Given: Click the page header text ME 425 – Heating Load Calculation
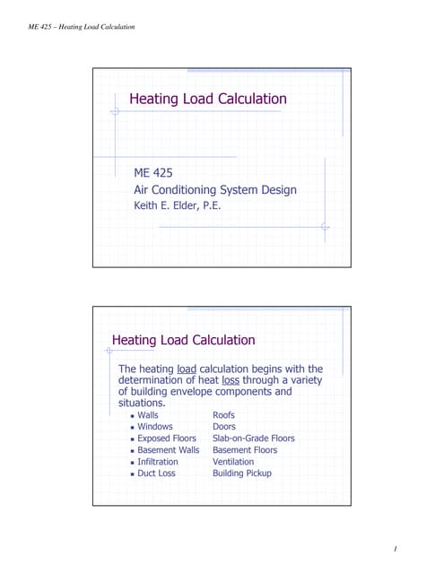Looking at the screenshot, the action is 79,27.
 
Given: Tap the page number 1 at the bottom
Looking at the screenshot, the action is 396,547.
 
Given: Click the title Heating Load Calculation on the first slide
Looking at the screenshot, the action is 208,99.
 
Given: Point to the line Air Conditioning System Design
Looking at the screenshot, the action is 214,189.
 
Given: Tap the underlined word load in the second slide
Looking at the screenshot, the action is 187,369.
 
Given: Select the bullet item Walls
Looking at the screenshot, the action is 148,415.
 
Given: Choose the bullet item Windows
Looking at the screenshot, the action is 155,427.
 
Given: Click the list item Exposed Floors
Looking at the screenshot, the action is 167,439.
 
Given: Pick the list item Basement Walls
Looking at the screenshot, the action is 169,450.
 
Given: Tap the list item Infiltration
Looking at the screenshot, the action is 158,462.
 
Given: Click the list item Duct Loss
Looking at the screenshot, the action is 156,474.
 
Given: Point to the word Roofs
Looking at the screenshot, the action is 224,415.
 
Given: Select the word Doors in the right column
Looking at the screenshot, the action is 224,427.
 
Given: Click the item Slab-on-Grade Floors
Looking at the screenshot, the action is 253,439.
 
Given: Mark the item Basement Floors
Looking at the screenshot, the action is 245,450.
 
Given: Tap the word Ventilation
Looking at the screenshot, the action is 233,462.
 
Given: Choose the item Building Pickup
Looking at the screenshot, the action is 241,474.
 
